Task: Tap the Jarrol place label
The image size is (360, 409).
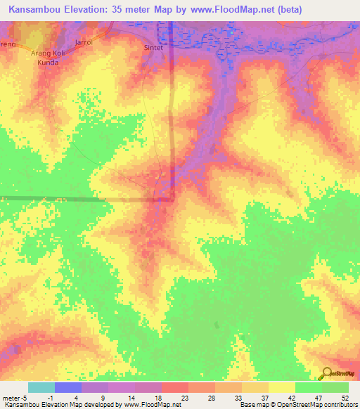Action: click(x=84, y=42)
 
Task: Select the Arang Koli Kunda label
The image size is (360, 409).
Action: click(x=49, y=58)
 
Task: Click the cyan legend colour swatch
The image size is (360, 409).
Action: click(x=41, y=387)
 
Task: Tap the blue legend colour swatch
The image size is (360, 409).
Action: click(x=67, y=387)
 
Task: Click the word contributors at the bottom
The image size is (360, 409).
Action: click(x=337, y=405)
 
